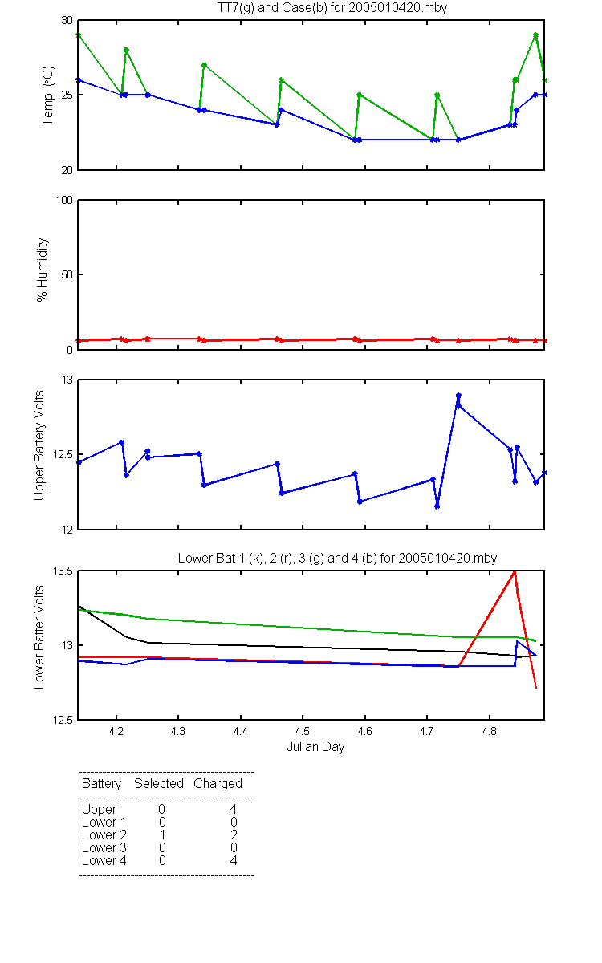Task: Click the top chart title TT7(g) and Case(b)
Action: pos(332,8)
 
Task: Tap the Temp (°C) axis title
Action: pos(47,95)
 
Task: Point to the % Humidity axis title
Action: pos(42,270)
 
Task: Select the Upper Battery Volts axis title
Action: pos(39,445)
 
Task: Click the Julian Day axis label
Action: pos(315,747)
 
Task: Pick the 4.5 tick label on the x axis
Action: pos(303,731)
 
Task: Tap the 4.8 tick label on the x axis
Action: pos(490,731)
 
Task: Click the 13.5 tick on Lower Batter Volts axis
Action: pos(63,571)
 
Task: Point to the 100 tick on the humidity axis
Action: pos(65,200)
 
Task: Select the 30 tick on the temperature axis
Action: pos(67,20)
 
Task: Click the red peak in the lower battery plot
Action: pos(515,571)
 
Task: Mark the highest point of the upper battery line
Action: pos(458,395)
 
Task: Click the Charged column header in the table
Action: pos(218,784)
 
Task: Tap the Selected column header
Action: pos(159,783)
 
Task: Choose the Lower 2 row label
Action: pos(104,835)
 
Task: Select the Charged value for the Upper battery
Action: pos(233,809)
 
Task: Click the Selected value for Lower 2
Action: pos(162,835)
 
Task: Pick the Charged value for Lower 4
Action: pos(233,860)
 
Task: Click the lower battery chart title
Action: pos(338,558)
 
